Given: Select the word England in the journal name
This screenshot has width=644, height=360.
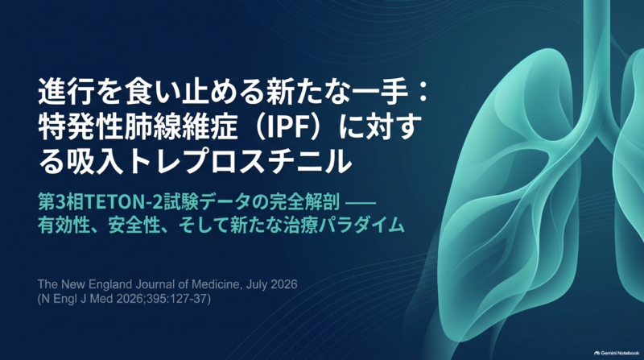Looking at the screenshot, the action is [x=90, y=285].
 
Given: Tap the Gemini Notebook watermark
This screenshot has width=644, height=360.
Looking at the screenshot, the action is [x=617, y=353].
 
